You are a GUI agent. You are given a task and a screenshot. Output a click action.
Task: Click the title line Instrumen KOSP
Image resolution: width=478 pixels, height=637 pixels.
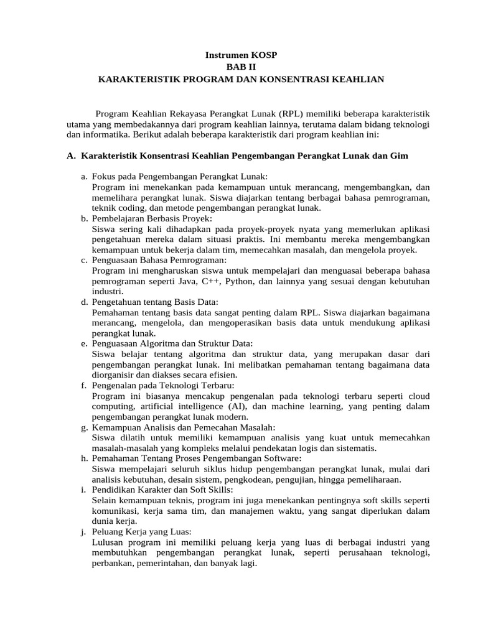(241, 55)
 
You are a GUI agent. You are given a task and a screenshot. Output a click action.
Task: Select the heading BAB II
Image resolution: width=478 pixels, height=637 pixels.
(241, 67)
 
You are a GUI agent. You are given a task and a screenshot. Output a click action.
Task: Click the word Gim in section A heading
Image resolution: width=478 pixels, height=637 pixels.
(399, 156)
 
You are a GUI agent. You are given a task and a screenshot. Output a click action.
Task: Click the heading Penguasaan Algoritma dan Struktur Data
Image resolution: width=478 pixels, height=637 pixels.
(172, 343)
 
